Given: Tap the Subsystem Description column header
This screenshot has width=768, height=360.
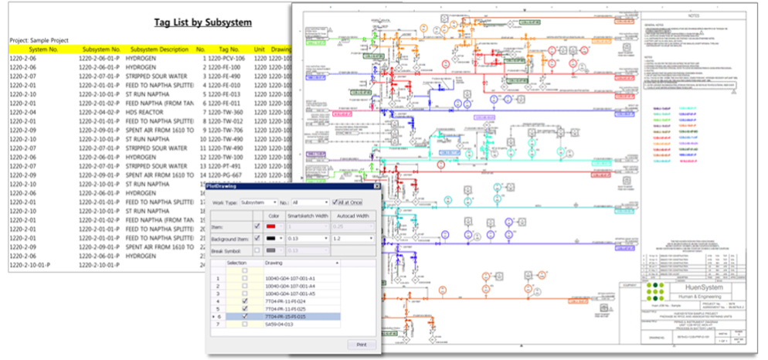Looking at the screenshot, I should coord(159,49).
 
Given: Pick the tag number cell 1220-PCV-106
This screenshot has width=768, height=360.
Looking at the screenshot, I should coord(226,58).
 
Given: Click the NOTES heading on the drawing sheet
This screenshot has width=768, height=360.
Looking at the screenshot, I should coord(692,14).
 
